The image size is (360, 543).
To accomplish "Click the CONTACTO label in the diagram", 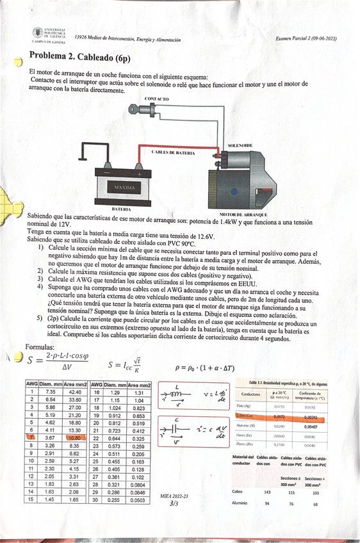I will [x=157, y=99].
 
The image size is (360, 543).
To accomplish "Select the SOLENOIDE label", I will [x=240, y=146].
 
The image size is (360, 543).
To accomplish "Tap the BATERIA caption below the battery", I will [x=121, y=209].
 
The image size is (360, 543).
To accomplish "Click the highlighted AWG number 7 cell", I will [x=31, y=437].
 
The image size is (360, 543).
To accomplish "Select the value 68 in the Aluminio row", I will [x=315, y=504].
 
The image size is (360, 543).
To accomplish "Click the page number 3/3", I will [x=174, y=504].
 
